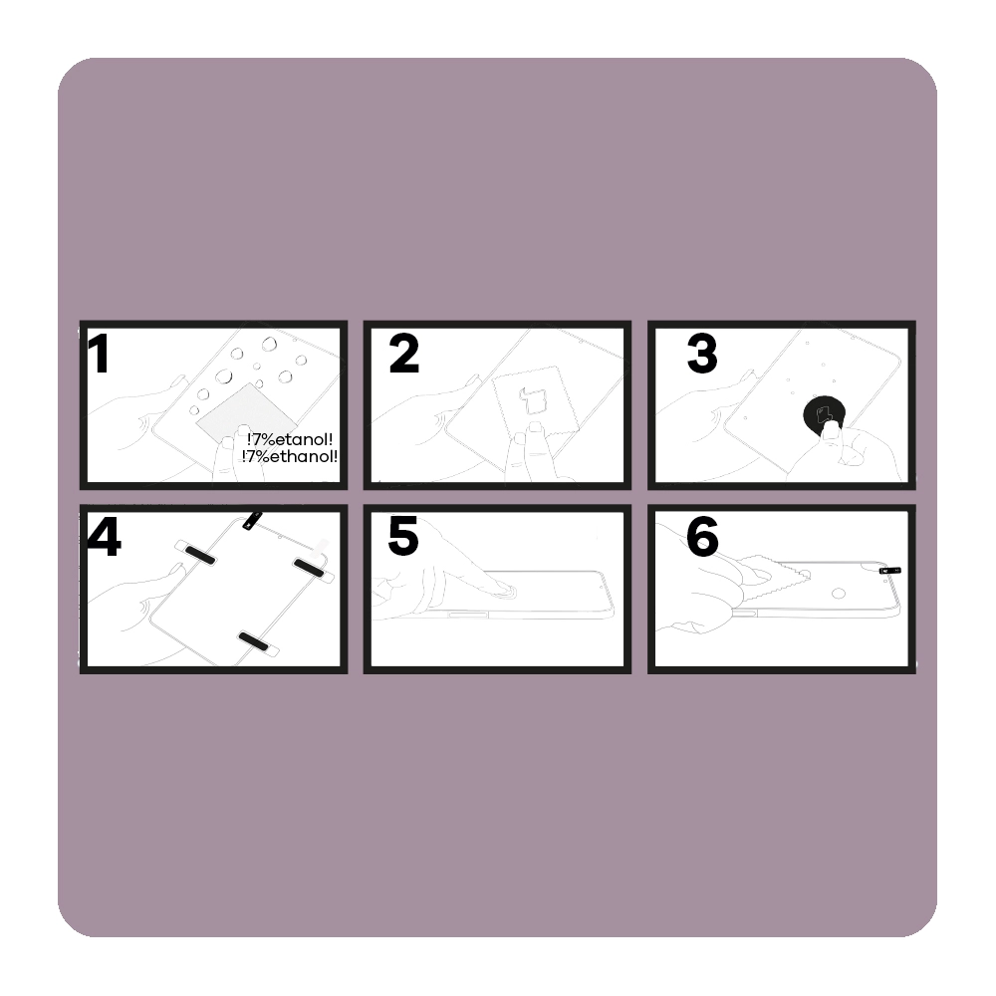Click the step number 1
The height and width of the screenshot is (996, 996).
99,354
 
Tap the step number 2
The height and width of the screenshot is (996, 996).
404,354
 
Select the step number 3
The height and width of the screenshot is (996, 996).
702,354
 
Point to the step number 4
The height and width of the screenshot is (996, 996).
104,538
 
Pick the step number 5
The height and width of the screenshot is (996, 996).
403,536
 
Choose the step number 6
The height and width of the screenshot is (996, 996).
702,537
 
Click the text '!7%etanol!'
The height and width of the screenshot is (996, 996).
290,439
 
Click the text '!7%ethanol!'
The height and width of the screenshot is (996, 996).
290,456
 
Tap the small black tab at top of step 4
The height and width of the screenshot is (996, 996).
252,520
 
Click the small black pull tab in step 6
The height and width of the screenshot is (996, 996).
889,571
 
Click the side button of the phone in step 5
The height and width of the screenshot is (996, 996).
468,615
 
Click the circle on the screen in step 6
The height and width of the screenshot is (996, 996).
839,594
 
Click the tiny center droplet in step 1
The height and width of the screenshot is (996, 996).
259,383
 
